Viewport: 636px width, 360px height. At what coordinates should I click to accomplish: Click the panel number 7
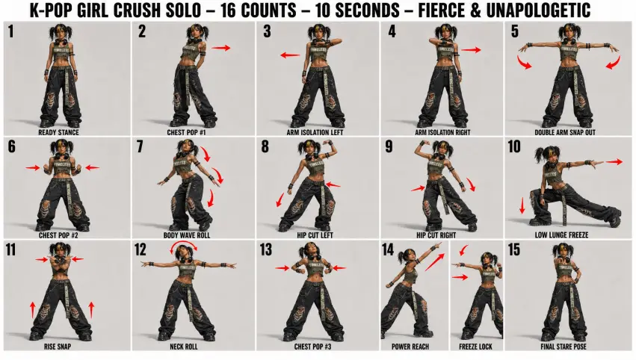[140, 146]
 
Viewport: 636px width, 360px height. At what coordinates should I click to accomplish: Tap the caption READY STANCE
[58, 132]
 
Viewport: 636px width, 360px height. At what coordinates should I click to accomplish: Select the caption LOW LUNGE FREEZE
[561, 235]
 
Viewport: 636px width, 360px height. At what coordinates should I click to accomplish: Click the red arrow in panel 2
[220, 48]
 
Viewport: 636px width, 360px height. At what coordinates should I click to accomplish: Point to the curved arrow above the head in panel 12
[184, 243]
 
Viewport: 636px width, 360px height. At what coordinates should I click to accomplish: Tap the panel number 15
[514, 249]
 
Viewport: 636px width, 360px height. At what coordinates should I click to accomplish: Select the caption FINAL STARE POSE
[564, 347]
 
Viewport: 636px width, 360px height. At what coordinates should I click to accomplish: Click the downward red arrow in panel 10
[522, 205]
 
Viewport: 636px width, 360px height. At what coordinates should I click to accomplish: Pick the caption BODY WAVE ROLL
[187, 235]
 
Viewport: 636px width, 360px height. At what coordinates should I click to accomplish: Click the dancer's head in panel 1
[59, 34]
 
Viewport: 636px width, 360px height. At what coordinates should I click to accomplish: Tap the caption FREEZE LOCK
[475, 347]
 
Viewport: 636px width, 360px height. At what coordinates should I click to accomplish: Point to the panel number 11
[10, 249]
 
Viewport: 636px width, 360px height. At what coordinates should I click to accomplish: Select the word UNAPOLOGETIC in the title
[538, 10]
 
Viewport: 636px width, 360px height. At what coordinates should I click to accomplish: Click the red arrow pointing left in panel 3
[290, 55]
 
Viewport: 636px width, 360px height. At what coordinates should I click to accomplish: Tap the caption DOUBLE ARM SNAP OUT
[565, 132]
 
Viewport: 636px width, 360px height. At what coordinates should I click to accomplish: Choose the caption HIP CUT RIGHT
[436, 235]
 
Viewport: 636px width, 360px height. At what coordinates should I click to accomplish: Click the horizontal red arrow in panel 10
[614, 162]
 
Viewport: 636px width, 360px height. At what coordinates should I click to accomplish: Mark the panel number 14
[388, 249]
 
